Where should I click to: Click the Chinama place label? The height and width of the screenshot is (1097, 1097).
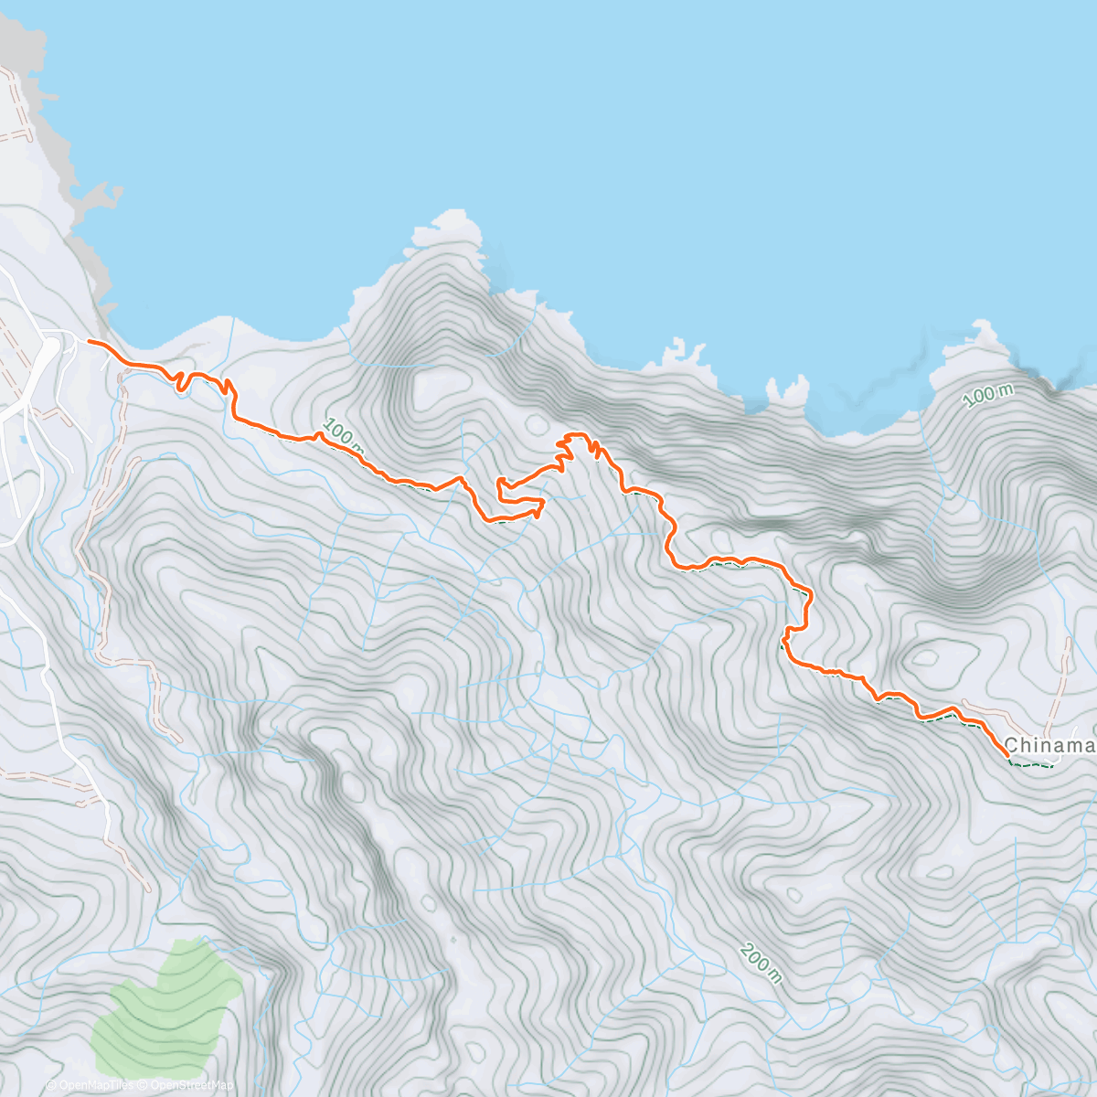(x=1049, y=746)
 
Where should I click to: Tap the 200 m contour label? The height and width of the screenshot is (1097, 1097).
(x=762, y=963)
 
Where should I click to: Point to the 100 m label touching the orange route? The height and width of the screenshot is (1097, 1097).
(x=343, y=437)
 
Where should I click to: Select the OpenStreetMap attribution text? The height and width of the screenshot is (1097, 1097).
(x=191, y=1085)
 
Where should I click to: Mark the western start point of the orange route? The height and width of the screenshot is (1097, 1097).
(x=89, y=342)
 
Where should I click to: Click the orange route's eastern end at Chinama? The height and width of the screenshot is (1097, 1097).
(x=1007, y=755)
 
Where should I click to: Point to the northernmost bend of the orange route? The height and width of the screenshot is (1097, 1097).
(x=576, y=435)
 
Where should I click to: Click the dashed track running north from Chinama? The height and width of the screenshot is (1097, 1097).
(x=1062, y=681)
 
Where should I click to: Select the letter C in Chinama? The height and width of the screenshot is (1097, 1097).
(x=1011, y=746)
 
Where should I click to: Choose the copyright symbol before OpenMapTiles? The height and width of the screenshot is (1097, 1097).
(x=50, y=1085)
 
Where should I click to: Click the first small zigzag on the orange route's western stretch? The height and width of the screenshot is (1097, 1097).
(x=183, y=380)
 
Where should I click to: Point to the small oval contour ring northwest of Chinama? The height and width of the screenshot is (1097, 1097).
(x=925, y=657)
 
